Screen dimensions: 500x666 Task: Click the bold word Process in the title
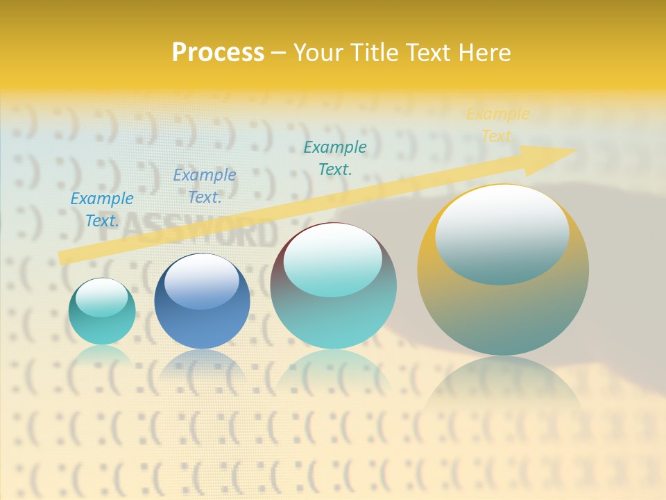218,52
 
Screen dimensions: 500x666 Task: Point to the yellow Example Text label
497,125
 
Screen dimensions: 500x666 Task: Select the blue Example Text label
205,186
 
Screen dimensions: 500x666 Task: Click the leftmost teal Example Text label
102,210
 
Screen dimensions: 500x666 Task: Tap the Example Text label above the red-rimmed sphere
335,158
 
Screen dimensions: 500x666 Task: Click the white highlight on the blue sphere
201,281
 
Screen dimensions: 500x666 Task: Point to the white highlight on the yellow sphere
502,233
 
